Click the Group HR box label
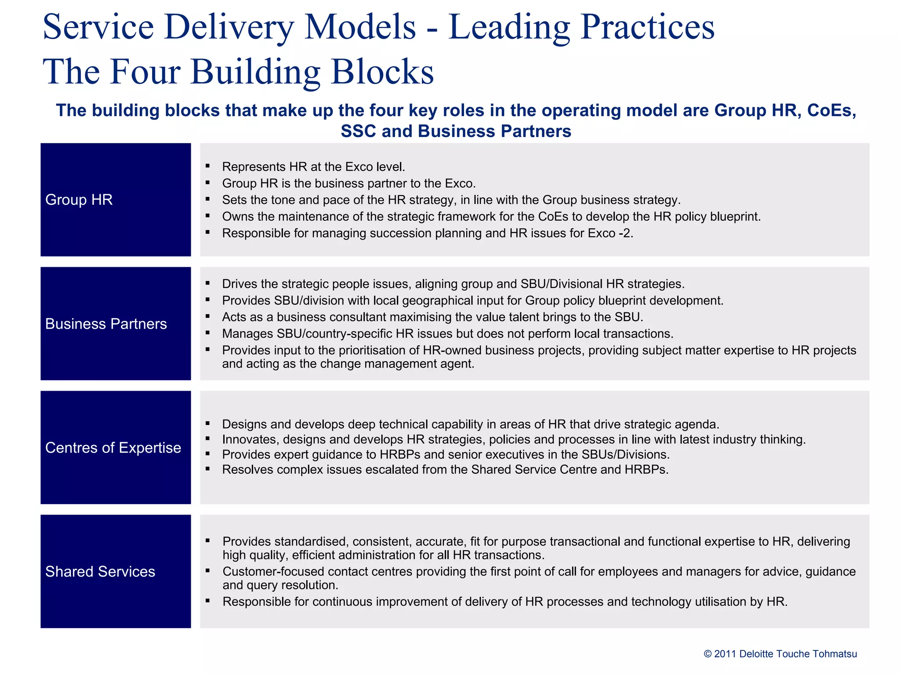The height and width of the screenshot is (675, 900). pyautogui.click(x=79, y=200)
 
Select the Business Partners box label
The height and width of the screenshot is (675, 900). pyautogui.click(x=106, y=324)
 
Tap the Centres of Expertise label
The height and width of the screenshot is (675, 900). pyautogui.click(x=113, y=448)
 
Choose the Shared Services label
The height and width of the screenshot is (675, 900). pyautogui.click(x=100, y=572)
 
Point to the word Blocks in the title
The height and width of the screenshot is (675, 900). pyautogui.click(x=382, y=72)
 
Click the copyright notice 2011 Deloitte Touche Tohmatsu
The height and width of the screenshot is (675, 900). pyautogui.click(x=780, y=654)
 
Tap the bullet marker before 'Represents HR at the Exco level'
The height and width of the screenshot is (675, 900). pyautogui.click(x=207, y=166)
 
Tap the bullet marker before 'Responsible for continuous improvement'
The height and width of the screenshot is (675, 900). pyautogui.click(x=207, y=601)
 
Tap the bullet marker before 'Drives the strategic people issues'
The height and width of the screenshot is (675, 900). pyautogui.click(x=207, y=283)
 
